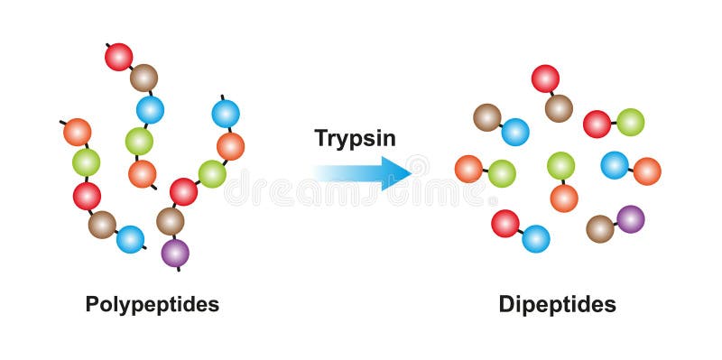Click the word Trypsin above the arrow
pos(355,137)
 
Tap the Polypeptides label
pos(152,304)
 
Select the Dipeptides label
pos(557,304)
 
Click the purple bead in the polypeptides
pos(175,253)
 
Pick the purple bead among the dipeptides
pos(630,219)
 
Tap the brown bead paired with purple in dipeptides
pos(600,229)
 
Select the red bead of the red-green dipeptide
pos(597,124)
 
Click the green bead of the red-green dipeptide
pos(630,122)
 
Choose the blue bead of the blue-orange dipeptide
pos(615,165)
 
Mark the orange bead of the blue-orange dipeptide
pos(647,171)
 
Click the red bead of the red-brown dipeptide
pos(545,78)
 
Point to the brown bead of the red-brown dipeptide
pos(559,108)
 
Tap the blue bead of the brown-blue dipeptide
pos(515,132)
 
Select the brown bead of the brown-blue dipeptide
pos(487,117)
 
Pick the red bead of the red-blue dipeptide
pos(505,223)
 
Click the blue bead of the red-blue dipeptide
pos(535,239)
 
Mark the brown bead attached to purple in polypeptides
pos(170,220)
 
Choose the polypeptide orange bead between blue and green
pos(230,146)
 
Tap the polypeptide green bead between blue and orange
pos(139,141)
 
